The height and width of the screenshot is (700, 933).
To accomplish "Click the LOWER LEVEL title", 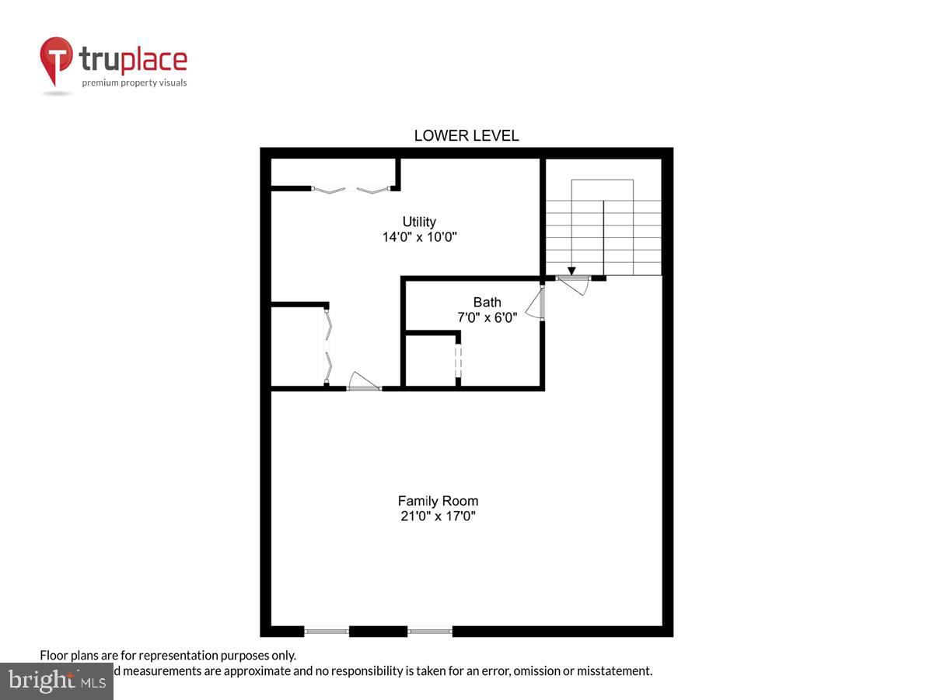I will [x=466, y=135].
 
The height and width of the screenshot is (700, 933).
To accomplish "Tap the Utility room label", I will [x=419, y=222].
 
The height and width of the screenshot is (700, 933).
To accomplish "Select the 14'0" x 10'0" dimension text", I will [x=419, y=237].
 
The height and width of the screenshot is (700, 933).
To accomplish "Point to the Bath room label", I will [x=487, y=302].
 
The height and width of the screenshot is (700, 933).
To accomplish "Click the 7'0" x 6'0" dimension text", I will [x=487, y=317].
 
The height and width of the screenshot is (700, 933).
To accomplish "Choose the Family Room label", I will [x=438, y=501].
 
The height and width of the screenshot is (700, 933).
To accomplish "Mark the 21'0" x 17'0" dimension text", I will [x=438, y=516].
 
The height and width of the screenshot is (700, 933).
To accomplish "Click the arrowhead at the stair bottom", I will [x=571, y=271].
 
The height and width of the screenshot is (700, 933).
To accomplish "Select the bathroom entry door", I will [x=536, y=303].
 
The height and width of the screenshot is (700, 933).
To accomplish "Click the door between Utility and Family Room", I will [x=363, y=383].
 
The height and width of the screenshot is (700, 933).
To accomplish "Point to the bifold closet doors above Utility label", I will [x=350, y=188].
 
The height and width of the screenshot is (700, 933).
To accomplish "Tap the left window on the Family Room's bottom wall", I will [x=327, y=631].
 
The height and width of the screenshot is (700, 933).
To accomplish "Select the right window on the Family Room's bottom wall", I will [x=430, y=631].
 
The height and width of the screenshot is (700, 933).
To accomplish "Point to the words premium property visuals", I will [x=135, y=82].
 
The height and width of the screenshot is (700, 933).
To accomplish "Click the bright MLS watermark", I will [x=56, y=681].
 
